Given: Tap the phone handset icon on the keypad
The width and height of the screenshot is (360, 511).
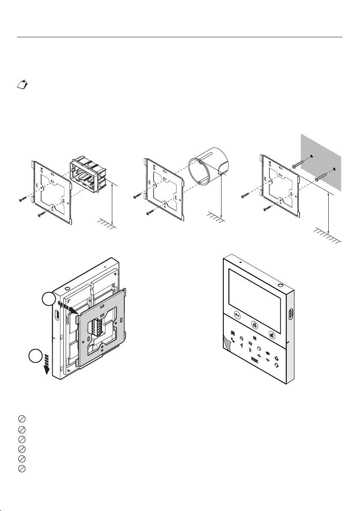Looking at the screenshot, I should (x=233, y=340).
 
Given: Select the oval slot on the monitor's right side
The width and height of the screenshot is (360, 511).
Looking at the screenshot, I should (x=291, y=315).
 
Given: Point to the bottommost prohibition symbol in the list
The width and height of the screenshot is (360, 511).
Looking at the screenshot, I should (x=20, y=468).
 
